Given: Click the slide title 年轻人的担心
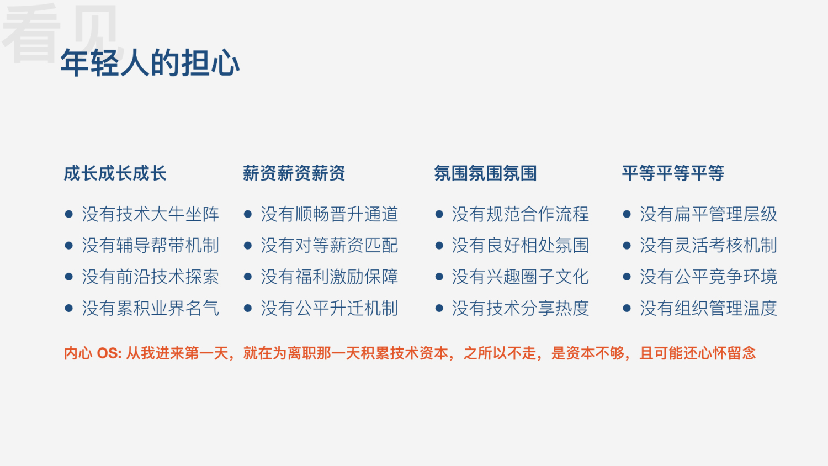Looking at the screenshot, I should pos(150,62).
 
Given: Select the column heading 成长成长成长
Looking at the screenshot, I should pos(115,173).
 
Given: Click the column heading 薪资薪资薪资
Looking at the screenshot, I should pos(294,173).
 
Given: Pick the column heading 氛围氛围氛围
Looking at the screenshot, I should pos(485,173).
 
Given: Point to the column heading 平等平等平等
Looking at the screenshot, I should pos(673,173).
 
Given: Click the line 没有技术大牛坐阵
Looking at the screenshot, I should pos(150,214).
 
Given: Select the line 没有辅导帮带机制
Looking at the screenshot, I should pos(150,245).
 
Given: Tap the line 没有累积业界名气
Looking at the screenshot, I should pos(150,308).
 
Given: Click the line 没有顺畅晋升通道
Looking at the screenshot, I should pos(329,214).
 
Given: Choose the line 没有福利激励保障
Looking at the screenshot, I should pos(329,277).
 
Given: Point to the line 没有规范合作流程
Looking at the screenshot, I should pos(520,214).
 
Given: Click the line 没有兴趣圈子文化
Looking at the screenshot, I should pos(520,277).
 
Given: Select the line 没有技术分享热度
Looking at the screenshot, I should pos(520,308).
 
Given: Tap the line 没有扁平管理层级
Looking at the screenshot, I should pos(708,214).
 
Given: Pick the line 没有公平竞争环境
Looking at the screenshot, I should pos(708,277).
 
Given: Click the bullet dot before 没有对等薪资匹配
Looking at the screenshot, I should pos(248,246).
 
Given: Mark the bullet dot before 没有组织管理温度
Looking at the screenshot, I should pos(627,308).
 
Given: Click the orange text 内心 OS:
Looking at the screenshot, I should pos(93,353).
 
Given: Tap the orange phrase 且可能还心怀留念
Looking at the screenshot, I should pos(697,353).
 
